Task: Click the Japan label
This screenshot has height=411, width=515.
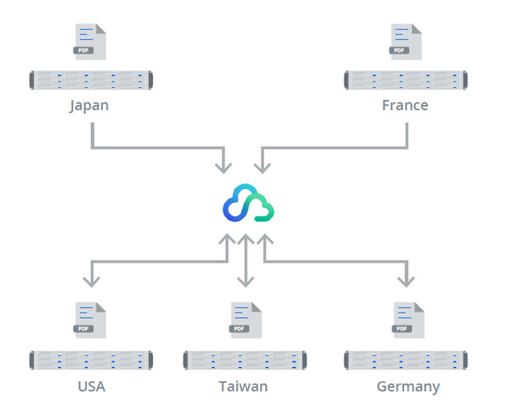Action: coord(89,105)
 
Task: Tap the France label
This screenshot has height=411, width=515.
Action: coord(405,105)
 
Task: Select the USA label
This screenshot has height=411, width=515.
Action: coord(91,387)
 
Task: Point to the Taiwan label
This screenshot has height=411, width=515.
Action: coord(243,387)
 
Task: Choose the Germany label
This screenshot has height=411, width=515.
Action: coord(408,387)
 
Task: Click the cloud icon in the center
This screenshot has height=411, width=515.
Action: coord(248,203)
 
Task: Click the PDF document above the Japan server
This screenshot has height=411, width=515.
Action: coord(90,42)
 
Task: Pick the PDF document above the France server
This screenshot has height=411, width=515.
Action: coord(406,42)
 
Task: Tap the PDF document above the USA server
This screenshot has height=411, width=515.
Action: coord(90,320)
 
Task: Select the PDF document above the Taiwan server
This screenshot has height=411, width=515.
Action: coord(246,320)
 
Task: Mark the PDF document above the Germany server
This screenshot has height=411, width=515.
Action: coord(409,320)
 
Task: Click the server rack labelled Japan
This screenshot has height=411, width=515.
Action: coord(91,81)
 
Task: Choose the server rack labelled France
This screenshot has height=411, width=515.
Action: coord(406,81)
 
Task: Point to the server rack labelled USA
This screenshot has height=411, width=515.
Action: coord(91,360)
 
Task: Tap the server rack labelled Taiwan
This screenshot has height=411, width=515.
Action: coord(245,360)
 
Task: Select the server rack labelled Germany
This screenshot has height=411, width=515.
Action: coord(406,360)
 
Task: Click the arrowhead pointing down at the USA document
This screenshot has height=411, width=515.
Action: coord(92,282)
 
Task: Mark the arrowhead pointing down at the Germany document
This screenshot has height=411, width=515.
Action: coord(406,282)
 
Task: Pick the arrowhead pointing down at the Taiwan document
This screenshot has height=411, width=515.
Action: coord(245,282)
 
